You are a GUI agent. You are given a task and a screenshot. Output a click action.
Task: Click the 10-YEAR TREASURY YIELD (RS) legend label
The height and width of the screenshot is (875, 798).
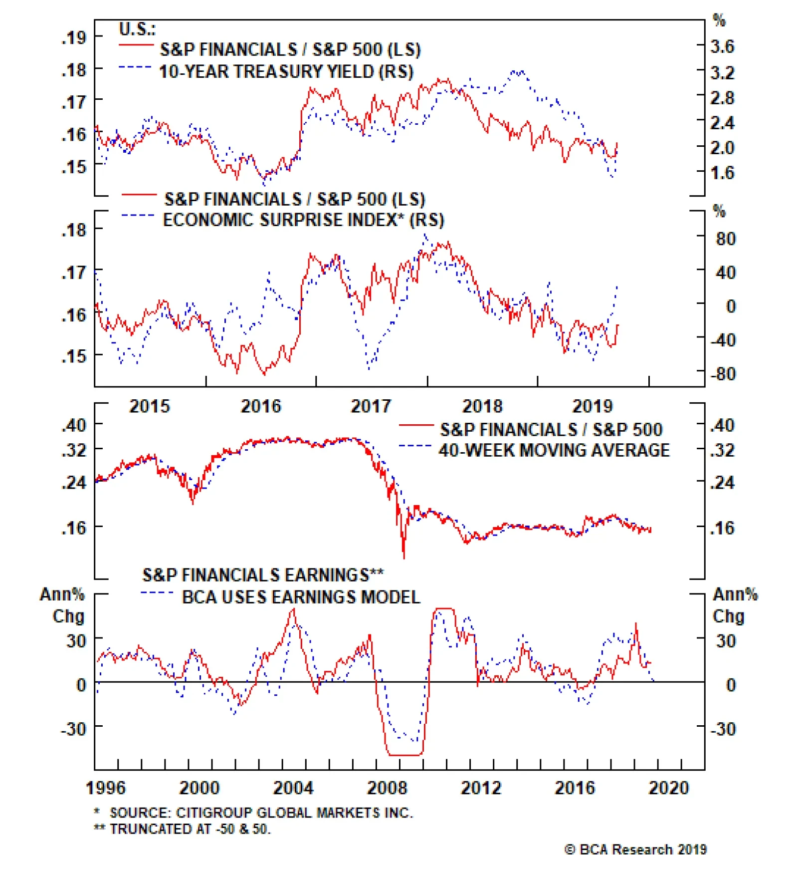pyautogui.click(x=286, y=72)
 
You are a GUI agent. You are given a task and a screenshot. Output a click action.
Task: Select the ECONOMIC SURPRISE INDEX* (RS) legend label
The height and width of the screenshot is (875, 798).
pyautogui.click(x=303, y=220)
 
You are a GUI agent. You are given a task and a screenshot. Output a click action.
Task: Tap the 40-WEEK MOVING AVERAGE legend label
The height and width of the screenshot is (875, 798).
pyautogui.click(x=554, y=450)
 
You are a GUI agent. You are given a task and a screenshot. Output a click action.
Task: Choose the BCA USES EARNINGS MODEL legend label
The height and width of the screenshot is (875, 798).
pyautogui.click(x=301, y=597)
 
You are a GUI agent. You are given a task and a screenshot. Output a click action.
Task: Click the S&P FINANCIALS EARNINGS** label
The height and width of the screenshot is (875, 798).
pyautogui.click(x=263, y=575)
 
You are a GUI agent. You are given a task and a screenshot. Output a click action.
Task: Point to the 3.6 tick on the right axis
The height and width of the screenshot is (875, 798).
pyautogui.click(x=722, y=47)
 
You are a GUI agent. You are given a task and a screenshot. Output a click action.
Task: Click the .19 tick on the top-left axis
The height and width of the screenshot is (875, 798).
pyautogui.click(x=74, y=37)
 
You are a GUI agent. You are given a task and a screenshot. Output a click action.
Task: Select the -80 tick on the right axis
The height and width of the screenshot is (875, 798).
pyautogui.click(x=723, y=374)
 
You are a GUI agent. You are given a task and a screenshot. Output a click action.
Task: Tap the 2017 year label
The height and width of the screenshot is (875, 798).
pyautogui.click(x=371, y=406)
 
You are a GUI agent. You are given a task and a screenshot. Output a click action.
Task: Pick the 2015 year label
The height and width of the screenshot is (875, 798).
pyautogui.click(x=150, y=406)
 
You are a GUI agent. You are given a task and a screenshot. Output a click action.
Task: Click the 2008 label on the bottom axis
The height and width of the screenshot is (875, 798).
pyautogui.click(x=387, y=788)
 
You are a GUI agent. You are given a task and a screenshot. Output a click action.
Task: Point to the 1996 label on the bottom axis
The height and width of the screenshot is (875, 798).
pyautogui.click(x=106, y=788)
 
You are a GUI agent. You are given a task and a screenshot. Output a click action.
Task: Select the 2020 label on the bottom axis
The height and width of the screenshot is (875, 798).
pyautogui.click(x=668, y=788)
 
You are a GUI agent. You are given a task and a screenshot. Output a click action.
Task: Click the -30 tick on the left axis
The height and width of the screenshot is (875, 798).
pyautogui.click(x=73, y=729)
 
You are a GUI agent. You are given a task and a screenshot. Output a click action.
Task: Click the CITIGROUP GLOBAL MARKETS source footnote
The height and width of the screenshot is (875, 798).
pyautogui.click(x=261, y=813)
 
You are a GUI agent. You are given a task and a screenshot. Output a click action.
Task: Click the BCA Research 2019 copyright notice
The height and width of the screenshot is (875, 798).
pyautogui.click(x=636, y=850)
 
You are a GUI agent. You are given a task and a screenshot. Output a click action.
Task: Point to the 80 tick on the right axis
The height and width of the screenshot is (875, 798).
pyautogui.click(x=726, y=239)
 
